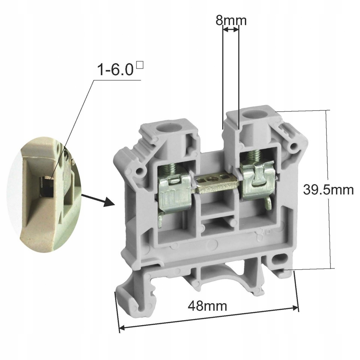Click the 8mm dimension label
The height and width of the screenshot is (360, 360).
pos(231,21)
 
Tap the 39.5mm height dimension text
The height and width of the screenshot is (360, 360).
pos(328,190)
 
